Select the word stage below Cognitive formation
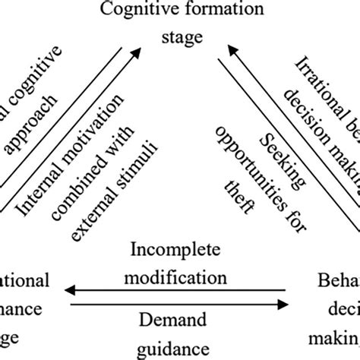tap(180, 36)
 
